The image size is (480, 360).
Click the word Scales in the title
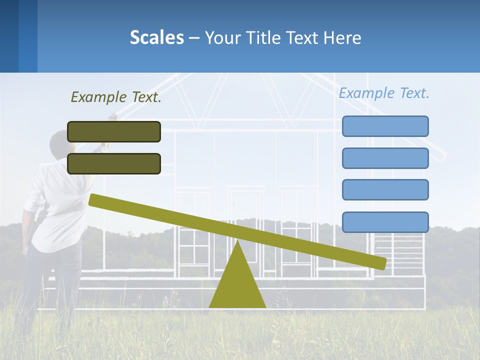pyautogui.click(x=156, y=37)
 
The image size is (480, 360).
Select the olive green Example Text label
pyautogui.click(x=116, y=97)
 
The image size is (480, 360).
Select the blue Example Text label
pyautogui.click(x=384, y=93)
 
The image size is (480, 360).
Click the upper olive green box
pyautogui.click(x=114, y=131)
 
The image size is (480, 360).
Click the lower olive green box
pyautogui.click(x=114, y=163)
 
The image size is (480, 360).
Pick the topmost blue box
pyautogui.click(x=385, y=126)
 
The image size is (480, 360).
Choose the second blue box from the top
pyautogui.click(x=385, y=158)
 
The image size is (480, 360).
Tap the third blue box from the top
pyautogui.click(x=385, y=190)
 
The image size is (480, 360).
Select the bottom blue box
pyautogui.click(x=385, y=222)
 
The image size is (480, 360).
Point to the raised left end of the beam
pyautogui.click(x=93, y=200)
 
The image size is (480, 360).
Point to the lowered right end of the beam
pyautogui.click(x=382, y=263)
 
